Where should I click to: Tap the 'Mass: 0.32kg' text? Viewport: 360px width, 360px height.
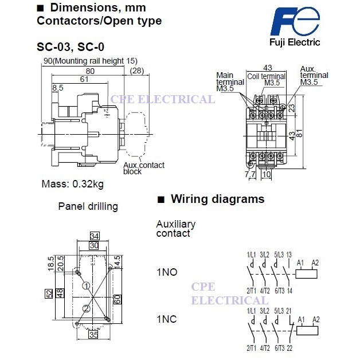(x=72, y=185)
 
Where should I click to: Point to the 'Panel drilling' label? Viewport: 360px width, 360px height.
(x=88, y=206)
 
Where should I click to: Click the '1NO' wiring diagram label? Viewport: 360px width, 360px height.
(x=167, y=272)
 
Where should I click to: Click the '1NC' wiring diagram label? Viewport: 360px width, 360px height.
(x=167, y=318)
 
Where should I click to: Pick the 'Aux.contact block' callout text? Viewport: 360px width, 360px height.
(x=143, y=169)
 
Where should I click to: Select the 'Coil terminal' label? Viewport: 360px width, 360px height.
(x=266, y=76)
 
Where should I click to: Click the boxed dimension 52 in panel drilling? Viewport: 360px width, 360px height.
(x=49, y=294)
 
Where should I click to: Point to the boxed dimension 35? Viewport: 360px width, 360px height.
(x=93, y=335)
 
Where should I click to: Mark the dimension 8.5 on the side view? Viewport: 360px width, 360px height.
(x=58, y=88)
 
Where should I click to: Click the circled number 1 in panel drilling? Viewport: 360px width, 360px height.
(x=85, y=285)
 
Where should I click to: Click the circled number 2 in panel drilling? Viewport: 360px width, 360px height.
(x=85, y=309)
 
